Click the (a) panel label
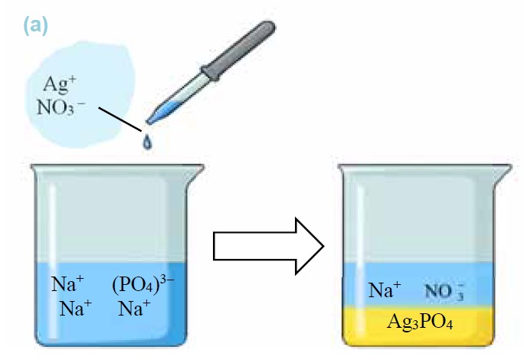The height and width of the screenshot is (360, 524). (x=35, y=25)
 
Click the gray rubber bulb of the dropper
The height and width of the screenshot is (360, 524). (x=244, y=46)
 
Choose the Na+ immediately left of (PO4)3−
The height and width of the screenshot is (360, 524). (x=68, y=284)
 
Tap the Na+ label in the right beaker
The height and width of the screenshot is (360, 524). (x=385, y=290)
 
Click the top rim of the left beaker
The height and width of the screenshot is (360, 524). (x=106, y=167)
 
